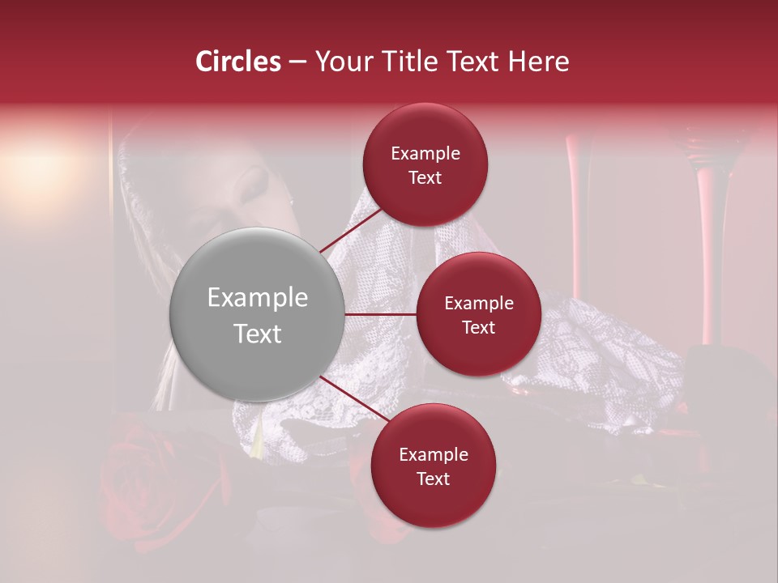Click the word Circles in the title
(x=237, y=62)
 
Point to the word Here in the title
(x=539, y=62)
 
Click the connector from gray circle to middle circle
(x=380, y=314)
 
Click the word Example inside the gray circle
(x=257, y=298)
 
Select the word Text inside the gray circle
(x=257, y=334)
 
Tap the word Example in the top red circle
(x=425, y=154)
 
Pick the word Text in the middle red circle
(x=478, y=327)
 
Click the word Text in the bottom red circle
(x=433, y=479)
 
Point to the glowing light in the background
(x=41, y=170)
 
